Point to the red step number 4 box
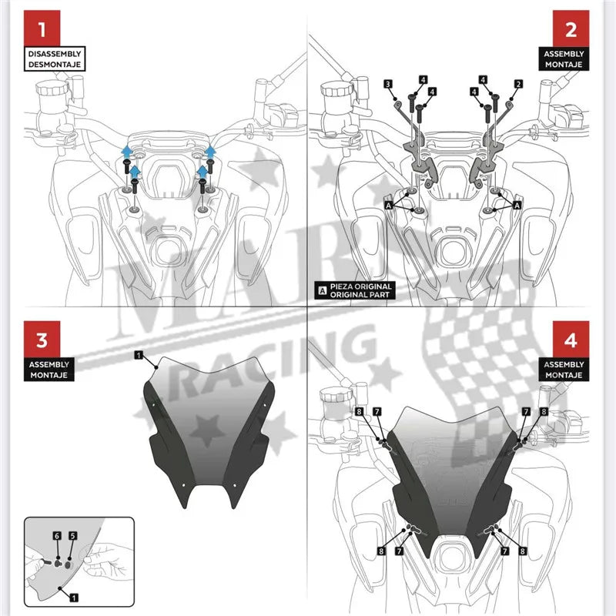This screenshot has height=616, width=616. pyautogui.click(x=570, y=340)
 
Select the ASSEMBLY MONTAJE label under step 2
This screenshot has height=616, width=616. pyautogui.click(x=562, y=60)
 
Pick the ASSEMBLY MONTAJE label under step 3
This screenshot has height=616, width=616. pyautogui.click(x=52, y=369)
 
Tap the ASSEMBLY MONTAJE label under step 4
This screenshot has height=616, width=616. pyautogui.click(x=562, y=369)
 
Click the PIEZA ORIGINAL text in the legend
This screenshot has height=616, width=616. pyautogui.click(x=361, y=286)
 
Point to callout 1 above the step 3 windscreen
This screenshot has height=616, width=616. pyautogui.click(x=138, y=355)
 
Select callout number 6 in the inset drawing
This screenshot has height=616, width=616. pyautogui.click(x=56, y=534)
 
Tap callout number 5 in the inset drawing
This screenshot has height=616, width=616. pyautogui.click(x=72, y=534)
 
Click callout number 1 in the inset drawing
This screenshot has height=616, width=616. pyautogui.click(x=72, y=597)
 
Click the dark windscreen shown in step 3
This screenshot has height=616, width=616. pyautogui.click(x=208, y=431)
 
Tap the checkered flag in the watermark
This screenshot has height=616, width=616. pyautogui.click(x=493, y=339)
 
